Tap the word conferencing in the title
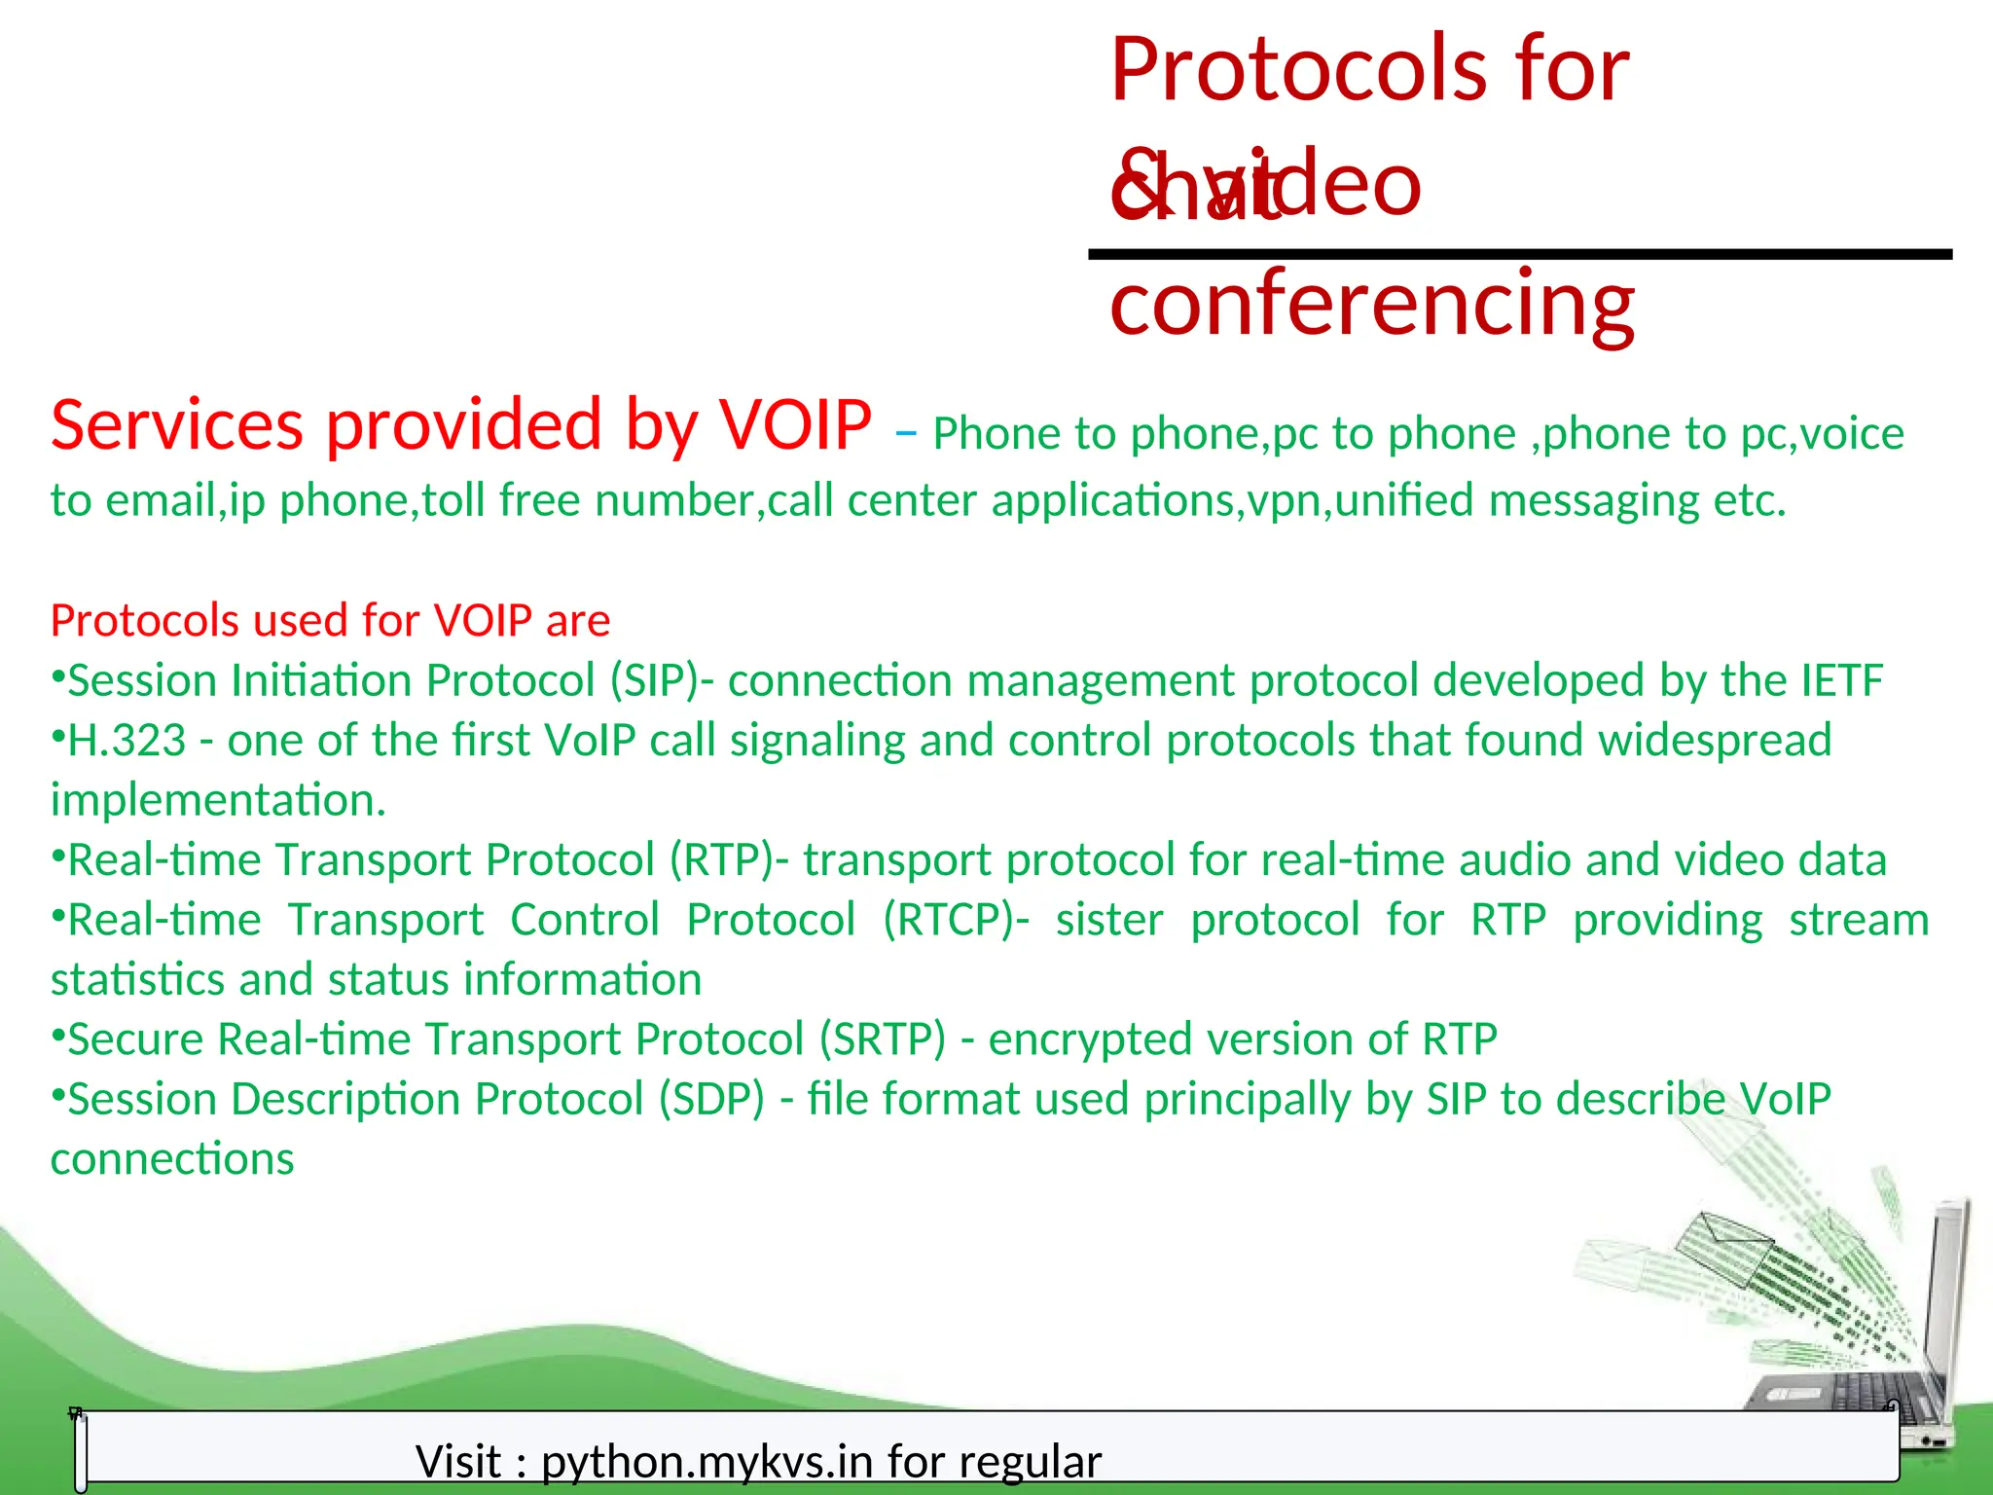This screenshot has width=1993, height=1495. point(1372,304)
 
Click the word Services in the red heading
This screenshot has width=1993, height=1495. point(177,425)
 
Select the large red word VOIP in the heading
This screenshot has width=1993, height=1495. point(795,425)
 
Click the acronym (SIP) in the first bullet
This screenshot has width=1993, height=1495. point(654,680)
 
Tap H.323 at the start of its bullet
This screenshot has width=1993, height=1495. point(127,741)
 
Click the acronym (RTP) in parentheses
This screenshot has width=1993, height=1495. point(721,860)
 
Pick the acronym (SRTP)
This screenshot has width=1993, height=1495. point(882,1039)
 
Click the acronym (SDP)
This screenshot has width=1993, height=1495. point(711,1100)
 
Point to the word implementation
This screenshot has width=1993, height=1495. point(218,801)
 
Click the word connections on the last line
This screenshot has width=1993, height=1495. point(172,1159)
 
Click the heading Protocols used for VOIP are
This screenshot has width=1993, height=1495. point(330,621)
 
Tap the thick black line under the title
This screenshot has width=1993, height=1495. point(1518,255)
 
